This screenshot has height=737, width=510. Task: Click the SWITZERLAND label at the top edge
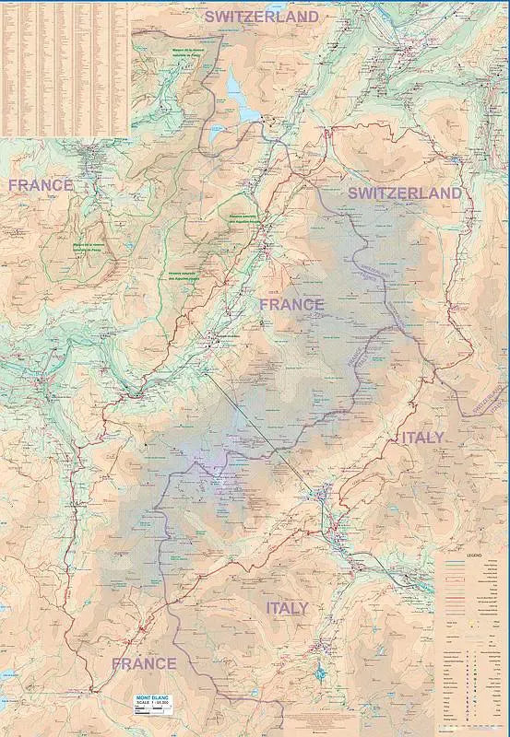[x=261, y=17]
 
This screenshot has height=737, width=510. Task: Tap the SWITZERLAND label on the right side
[x=404, y=193]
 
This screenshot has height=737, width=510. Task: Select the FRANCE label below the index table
[x=41, y=185]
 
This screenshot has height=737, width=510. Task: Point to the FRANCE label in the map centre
[x=291, y=304]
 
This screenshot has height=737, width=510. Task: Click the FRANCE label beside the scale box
[x=144, y=663]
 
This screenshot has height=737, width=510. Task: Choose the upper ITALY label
[x=421, y=437]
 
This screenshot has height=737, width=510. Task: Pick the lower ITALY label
[x=287, y=608]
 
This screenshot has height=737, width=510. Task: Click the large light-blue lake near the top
[x=242, y=99]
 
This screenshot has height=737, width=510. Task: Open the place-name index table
[x=65, y=69]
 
